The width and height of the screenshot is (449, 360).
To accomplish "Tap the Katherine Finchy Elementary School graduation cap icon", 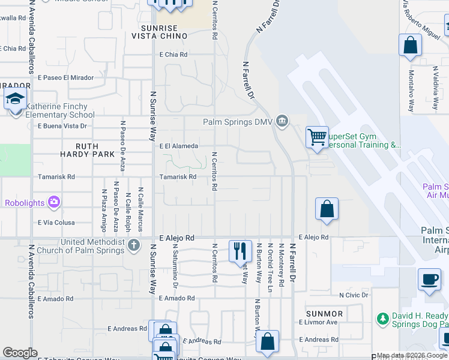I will point(16,99).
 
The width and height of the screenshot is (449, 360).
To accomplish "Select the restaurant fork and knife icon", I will point(240,250).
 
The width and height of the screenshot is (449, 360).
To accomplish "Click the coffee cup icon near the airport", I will point(430,279).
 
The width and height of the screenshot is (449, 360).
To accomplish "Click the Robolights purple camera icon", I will point(55,202).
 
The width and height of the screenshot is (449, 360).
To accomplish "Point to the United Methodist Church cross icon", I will point(134,245).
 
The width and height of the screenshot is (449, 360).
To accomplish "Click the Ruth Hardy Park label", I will point(86,150).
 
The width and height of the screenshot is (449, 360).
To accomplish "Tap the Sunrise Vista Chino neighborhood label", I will point(159,32).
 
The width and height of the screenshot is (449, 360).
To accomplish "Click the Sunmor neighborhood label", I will point(324,314).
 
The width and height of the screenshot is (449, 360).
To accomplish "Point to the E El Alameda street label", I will point(178,146).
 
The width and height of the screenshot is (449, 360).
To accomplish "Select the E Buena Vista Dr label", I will point(62,126).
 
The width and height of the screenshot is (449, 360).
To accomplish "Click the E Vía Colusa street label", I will point(56,222).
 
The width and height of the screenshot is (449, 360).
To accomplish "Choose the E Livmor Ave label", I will point(318,322).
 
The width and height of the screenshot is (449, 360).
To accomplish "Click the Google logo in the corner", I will point(20,353).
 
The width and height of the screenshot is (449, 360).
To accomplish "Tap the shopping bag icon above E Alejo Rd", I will point(327,210).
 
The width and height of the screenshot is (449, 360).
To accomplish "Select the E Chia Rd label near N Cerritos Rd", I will point(173,55).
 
